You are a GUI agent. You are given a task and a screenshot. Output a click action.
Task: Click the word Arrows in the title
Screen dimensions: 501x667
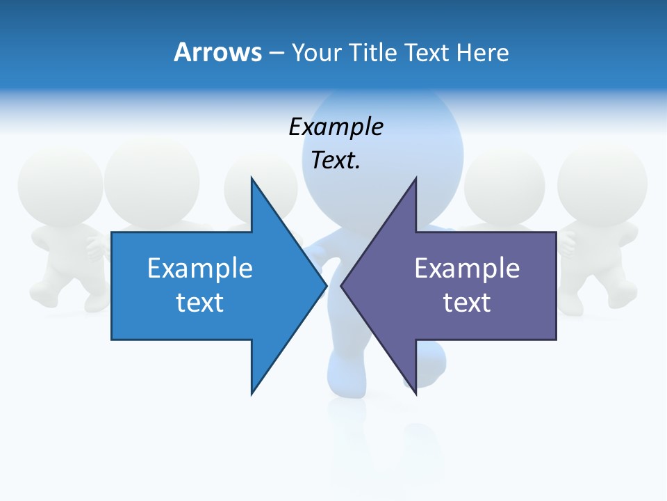click(217, 52)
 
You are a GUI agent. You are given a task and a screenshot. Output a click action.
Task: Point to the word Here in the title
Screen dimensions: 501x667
click(482, 52)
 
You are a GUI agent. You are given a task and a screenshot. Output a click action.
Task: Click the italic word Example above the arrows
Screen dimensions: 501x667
click(336, 127)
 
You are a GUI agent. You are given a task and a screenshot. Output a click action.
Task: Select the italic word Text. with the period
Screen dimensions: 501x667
click(336, 161)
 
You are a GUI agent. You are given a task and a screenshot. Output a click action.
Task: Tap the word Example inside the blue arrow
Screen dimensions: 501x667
click(200, 269)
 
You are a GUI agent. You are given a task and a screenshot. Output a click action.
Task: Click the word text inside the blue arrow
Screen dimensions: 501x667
click(200, 303)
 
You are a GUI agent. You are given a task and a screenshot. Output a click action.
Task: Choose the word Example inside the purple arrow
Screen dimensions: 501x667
click(467, 269)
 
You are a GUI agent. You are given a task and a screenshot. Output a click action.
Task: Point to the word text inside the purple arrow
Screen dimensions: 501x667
click(467, 303)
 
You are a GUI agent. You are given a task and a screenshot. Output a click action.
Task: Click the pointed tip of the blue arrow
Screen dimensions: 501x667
click(326, 285)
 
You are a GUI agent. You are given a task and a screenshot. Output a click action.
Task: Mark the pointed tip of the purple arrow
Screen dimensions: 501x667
click(341, 285)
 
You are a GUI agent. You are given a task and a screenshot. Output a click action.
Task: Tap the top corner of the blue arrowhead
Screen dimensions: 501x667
click(252, 178)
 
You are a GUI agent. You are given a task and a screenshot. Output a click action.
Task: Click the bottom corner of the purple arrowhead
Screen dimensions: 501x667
click(415, 393)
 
